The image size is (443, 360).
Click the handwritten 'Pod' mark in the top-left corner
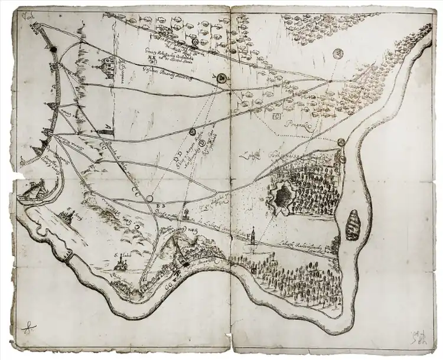[x=24, y=16]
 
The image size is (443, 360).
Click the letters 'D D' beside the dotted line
[x=178, y=157]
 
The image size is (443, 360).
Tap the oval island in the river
[x=353, y=225]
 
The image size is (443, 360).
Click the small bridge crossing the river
[x=69, y=257]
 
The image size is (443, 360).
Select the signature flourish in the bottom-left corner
[x=27, y=326]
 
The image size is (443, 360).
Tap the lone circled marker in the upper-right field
[x=337, y=53]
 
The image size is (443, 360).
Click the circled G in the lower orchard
[x=253, y=270]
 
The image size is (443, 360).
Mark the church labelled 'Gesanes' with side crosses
[x=109, y=67]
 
